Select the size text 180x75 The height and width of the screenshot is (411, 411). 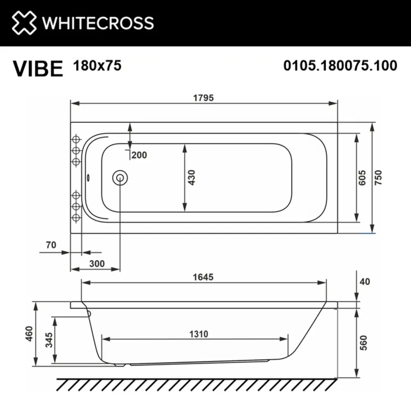[x=97, y=65]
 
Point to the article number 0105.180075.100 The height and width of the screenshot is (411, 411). [x=340, y=65]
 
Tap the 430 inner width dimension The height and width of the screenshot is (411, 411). [x=192, y=178]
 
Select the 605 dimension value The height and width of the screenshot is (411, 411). [x=362, y=178]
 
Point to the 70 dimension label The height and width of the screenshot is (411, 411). [x=51, y=245]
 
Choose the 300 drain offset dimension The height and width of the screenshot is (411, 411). [x=97, y=263]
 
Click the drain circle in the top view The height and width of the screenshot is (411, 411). [x=120, y=178]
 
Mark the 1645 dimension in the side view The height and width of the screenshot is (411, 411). [x=203, y=277]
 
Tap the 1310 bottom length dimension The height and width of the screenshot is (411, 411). [x=199, y=334]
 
